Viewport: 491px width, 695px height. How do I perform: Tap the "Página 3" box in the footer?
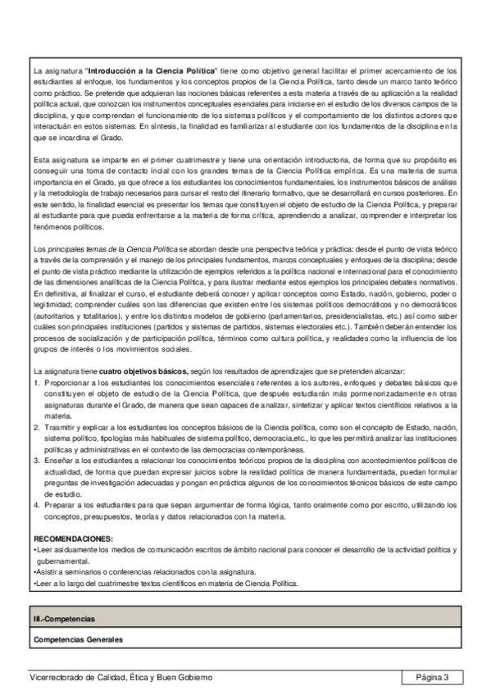click(x=432, y=677)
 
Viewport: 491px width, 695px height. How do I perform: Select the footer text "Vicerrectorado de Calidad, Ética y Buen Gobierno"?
click(x=120, y=677)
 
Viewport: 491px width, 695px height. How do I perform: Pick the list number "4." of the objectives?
click(x=38, y=505)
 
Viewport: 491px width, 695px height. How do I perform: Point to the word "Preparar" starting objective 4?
click(x=60, y=505)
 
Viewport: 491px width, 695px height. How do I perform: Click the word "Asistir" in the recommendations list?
click(x=47, y=571)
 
